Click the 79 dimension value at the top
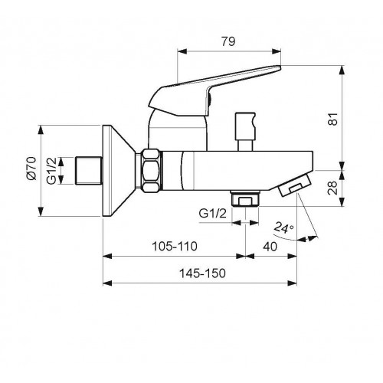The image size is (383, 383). pos(228,41)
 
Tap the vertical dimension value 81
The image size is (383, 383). pos(333,119)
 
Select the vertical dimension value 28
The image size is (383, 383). pos(332,188)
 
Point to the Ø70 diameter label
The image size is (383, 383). pos(32,169)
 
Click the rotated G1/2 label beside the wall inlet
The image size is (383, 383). pos(51,171)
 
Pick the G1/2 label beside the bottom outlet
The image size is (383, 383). pos(213,213)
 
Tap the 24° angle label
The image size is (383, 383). pos(283,228)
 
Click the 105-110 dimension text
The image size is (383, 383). pos(175,247)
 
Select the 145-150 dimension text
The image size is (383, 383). pos(202,273)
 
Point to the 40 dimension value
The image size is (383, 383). pos(270,247)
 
